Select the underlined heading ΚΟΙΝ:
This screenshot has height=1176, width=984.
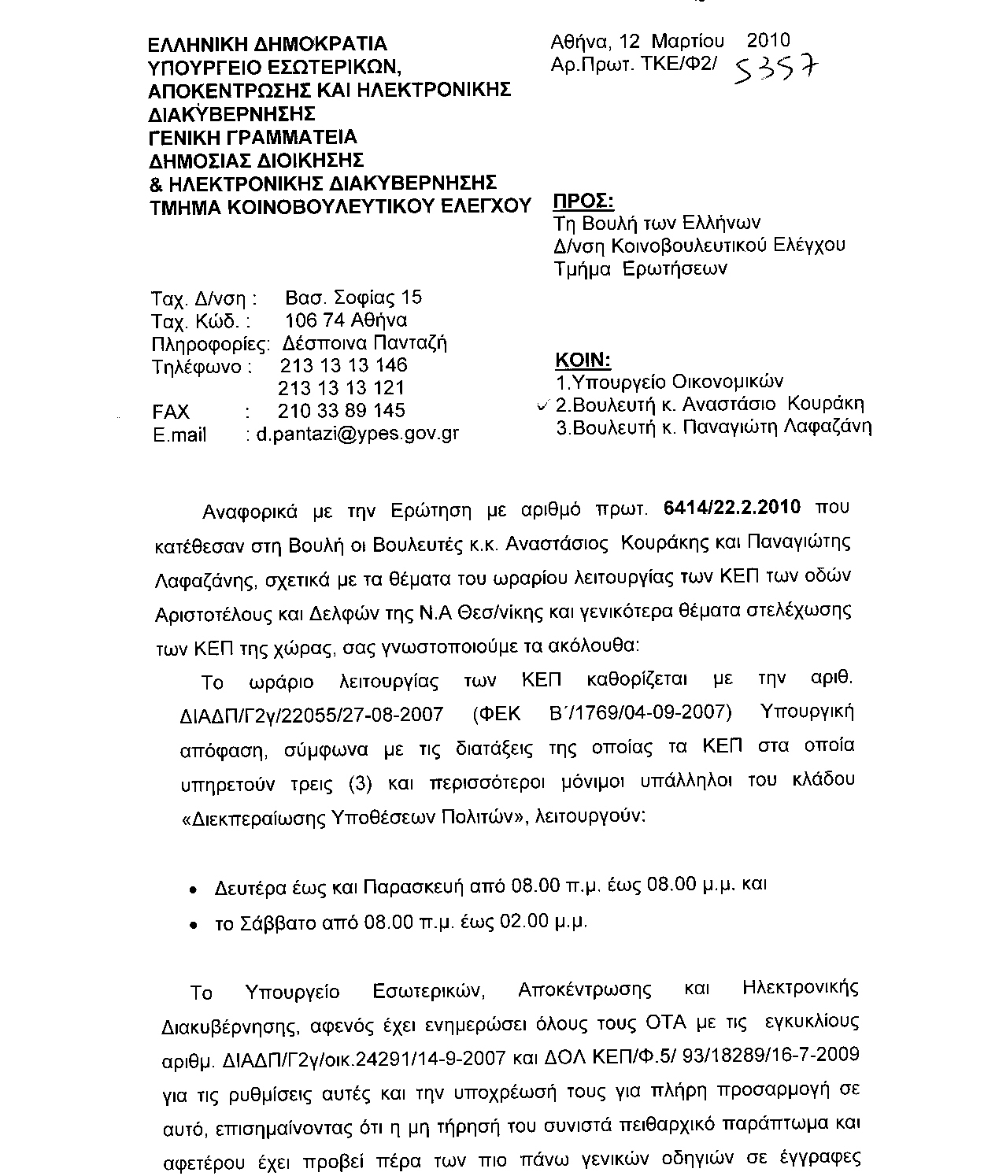583,361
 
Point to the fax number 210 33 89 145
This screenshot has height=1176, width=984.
342,411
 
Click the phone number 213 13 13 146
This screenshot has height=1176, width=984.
343,366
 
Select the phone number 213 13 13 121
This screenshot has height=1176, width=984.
342,388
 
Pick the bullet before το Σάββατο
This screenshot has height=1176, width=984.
194,926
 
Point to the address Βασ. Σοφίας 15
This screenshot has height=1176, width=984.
353,298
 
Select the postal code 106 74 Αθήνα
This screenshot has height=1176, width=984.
346,320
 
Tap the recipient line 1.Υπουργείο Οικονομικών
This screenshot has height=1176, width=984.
669,383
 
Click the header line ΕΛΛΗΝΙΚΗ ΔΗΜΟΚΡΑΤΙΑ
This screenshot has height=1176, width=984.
268,44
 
